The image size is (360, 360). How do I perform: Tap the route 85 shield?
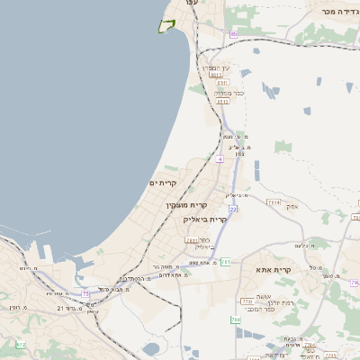(233, 34)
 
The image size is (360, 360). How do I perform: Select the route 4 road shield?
(219, 158)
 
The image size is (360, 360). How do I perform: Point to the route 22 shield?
(232, 209)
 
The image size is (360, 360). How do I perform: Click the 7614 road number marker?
(274, 202)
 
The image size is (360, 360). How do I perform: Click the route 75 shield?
(85, 292)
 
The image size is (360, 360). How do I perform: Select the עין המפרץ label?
(215, 67)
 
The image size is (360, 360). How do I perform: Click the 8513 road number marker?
(217, 76)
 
